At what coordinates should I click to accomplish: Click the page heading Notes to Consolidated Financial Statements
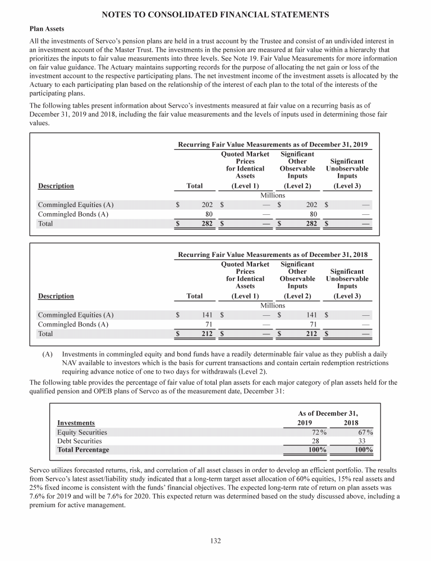click(215, 13)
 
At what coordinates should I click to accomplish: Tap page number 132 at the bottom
click(215, 541)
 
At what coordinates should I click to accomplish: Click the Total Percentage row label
click(83, 450)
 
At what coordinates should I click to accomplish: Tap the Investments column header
click(76, 422)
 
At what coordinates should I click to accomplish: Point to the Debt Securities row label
click(80, 442)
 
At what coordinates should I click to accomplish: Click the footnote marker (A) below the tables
click(48, 355)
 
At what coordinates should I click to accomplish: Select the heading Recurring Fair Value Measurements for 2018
click(273, 254)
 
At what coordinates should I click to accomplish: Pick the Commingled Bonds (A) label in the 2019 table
click(73, 214)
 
